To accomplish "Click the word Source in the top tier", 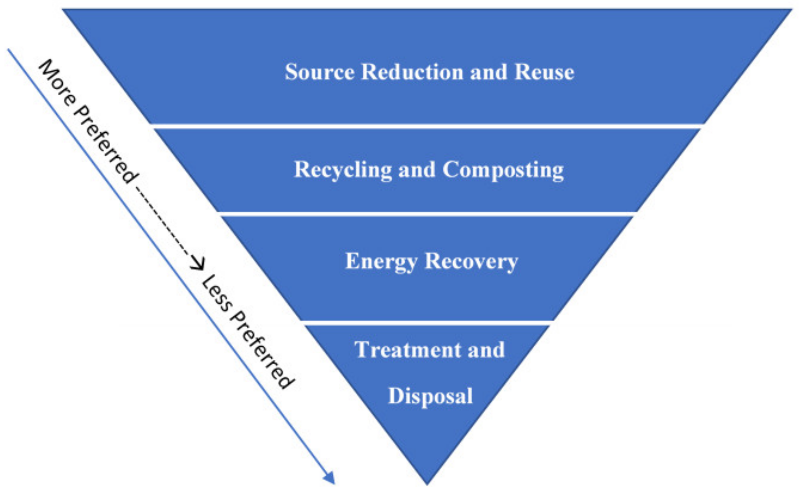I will coord(320,72).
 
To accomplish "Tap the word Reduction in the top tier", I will coord(413,72).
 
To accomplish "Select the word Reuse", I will coord(544,72).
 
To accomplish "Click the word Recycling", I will coord(343,170).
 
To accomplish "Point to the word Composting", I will coord(503,170).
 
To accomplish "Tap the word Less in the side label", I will coord(216,293).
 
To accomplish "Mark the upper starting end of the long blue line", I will coord(8,50).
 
